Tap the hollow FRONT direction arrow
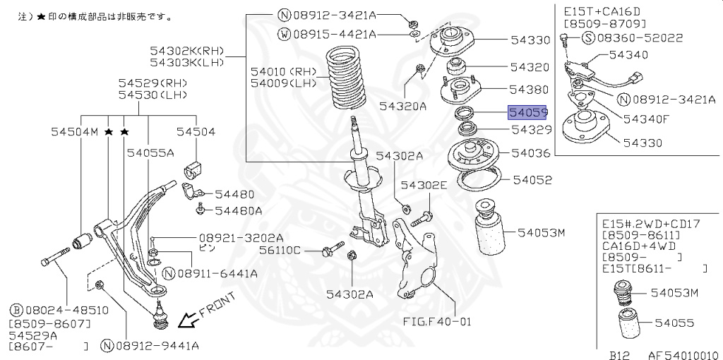click(x=188, y=322)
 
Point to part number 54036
click(x=530, y=152)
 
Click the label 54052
click(x=532, y=180)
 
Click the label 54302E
click(x=424, y=186)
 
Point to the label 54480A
click(x=239, y=210)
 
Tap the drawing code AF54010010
click(x=677, y=355)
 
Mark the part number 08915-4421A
click(x=338, y=34)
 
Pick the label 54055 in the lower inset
click(x=674, y=323)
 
